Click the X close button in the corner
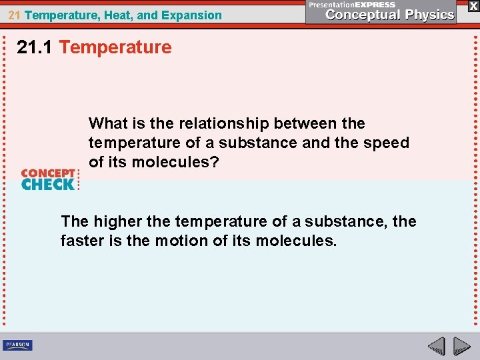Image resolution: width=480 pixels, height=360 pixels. click(472, 6)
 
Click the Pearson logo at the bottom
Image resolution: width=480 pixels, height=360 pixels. click(18, 345)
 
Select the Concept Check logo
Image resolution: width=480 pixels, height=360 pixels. click(49, 179)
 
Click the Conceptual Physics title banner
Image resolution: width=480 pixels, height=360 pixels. click(381, 11)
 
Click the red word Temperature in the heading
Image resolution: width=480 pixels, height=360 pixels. click(115, 47)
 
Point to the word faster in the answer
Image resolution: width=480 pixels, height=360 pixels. click(82, 240)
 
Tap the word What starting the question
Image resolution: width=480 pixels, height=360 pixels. click(108, 123)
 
